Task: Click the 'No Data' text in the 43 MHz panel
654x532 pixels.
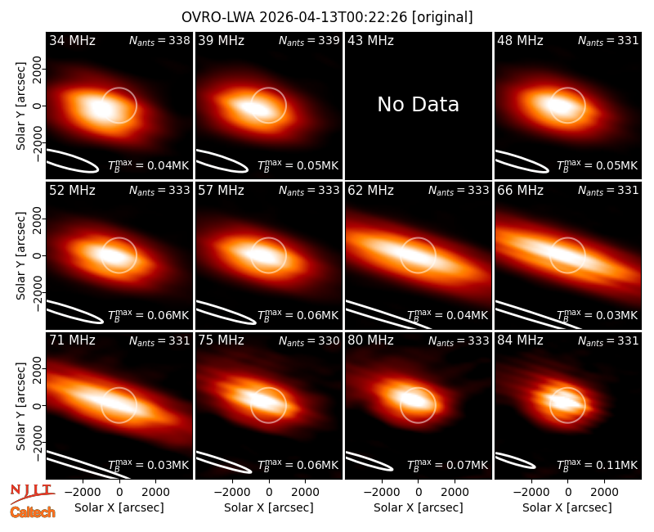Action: click(x=418, y=105)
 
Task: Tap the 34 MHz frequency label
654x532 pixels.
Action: click(x=72, y=40)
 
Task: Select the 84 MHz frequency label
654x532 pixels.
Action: click(x=520, y=340)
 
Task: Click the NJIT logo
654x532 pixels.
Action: click(x=32, y=494)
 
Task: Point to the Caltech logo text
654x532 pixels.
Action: click(x=33, y=512)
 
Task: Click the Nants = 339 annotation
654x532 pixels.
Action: click(x=309, y=40)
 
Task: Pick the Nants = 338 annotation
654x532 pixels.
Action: click(x=159, y=40)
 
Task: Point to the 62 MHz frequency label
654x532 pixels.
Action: click(x=370, y=191)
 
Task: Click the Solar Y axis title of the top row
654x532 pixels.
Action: click(x=20, y=106)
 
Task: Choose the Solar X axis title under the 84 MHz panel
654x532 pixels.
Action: click(x=567, y=507)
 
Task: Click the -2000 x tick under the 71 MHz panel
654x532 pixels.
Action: click(x=83, y=493)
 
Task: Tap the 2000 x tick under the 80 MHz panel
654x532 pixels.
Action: click(x=455, y=493)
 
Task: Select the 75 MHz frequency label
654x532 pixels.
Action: click(x=221, y=340)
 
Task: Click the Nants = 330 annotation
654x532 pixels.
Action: click(x=309, y=340)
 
